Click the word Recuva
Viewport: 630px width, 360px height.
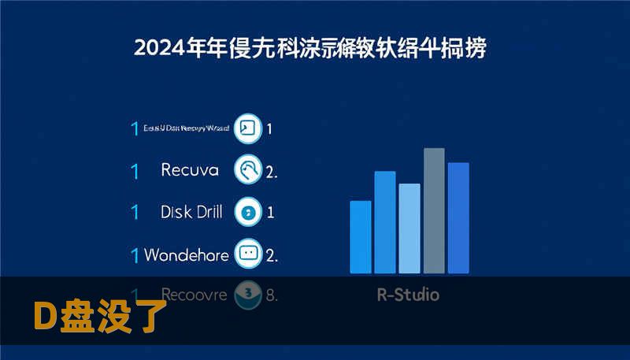[190, 170]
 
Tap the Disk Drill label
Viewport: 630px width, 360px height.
[191, 212]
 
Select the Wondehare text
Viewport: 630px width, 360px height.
[187, 255]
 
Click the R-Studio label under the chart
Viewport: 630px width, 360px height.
[408, 295]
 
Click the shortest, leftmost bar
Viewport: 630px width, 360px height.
[360, 236]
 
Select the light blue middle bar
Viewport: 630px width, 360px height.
[409, 228]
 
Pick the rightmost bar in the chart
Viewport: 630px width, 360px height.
[458, 217]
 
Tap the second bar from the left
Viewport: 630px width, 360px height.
[385, 221]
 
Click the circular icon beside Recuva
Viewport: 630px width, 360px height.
[249, 169]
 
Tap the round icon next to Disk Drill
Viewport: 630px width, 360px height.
[249, 212]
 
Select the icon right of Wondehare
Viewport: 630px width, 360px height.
[249, 254]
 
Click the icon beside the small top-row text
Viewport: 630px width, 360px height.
[248, 128]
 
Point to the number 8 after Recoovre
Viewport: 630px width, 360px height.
[272, 296]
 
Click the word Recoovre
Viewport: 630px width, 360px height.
[194, 295]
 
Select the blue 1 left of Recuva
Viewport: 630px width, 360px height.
[135, 170]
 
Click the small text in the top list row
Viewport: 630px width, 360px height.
[187, 128]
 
